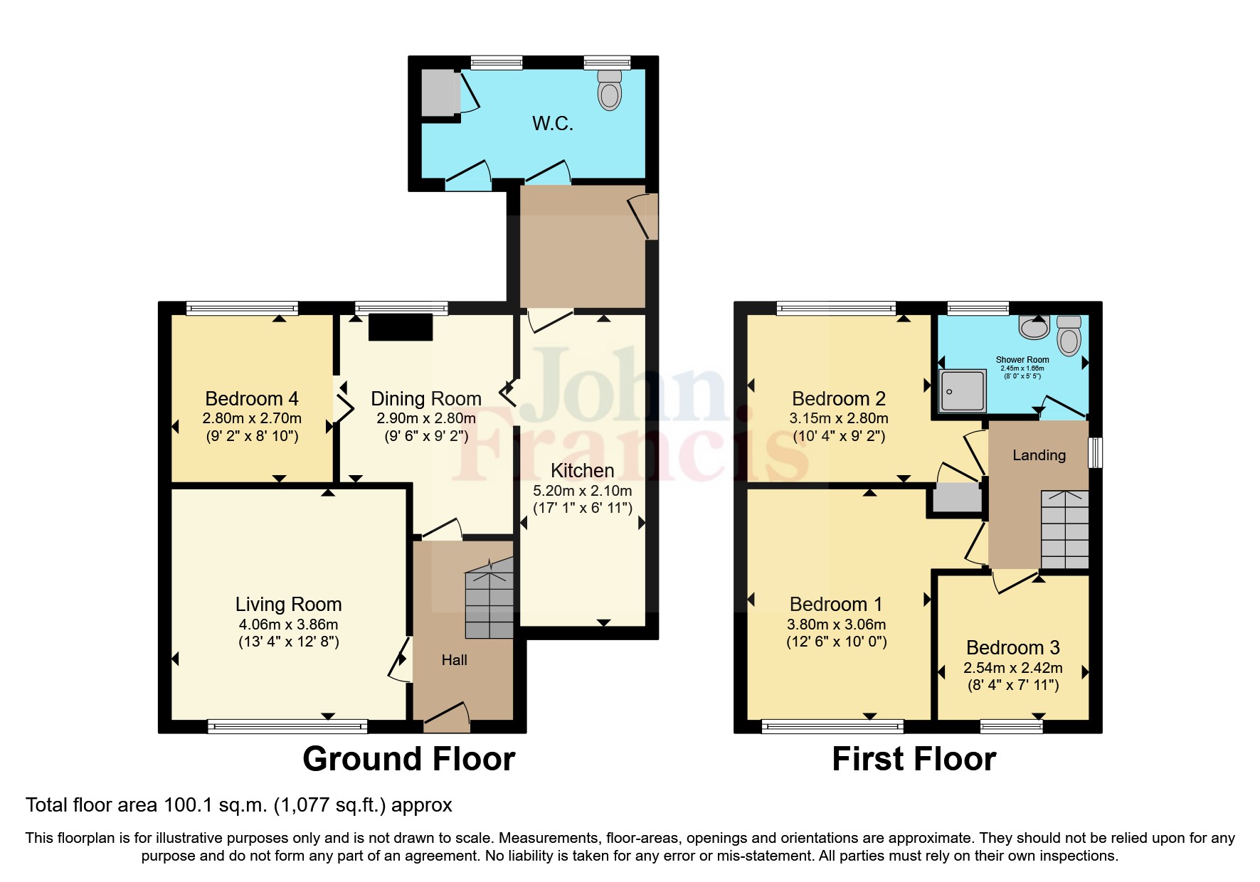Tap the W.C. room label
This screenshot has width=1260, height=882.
pyautogui.click(x=553, y=124)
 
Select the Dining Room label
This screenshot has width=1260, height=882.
pyautogui.click(x=426, y=398)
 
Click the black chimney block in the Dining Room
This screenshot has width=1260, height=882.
pyautogui.click(x=401, y=327)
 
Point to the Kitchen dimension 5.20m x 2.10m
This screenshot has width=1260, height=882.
pyautogui.click(x=583, y=490)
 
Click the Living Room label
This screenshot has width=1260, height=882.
pyautogui.click(x=289, y=604)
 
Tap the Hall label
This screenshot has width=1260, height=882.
pyautogui.click(x=454, y=660)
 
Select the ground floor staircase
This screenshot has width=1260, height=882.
pyautogui.click(x=489, y=598)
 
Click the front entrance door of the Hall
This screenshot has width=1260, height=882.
pyautogui.click(x=447, y=716)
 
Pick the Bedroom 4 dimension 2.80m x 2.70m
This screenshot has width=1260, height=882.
pyautogui.click(x=252, y=418)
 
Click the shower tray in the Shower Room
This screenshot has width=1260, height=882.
pyautogui.click(x=963, y=390)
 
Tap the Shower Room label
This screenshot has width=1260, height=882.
pyautogui.click(x=1022, y=359)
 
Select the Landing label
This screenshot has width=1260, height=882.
pyautogui.click(x=1039, y=455)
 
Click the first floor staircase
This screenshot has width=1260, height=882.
pyautogui.click(x=1065, y=529)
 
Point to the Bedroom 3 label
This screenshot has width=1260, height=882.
pyautogui.click(x=1013, y=647)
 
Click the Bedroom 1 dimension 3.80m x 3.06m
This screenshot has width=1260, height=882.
pyautogui.click(x=836, y=625)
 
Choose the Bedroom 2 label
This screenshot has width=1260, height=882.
pyautogui.click(x=839, y=398)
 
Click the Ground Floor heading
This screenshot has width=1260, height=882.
pyautogui.click(x=409, y=759)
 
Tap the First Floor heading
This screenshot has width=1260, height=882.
pyautogui.click(x=914, y=759)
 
